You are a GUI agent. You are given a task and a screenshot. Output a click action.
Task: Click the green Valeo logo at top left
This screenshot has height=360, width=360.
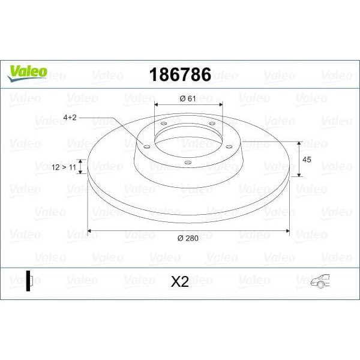pos(26,71)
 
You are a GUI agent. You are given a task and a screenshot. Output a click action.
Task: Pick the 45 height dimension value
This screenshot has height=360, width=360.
pos(307,160)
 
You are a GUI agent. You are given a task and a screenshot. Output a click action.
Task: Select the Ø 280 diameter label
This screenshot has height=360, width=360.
pos(188,239)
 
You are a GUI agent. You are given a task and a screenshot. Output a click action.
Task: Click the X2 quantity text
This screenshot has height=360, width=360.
pos(179,281)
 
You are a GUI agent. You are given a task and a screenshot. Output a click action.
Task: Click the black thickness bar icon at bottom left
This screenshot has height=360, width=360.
pos(28,280)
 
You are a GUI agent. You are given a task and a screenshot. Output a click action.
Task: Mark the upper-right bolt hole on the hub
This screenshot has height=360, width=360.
pos(212,124)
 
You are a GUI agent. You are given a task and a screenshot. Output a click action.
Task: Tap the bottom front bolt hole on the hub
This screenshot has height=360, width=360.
pos(188,163)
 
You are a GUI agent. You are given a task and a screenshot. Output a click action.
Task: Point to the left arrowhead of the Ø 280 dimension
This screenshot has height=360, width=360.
pos(90,230)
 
